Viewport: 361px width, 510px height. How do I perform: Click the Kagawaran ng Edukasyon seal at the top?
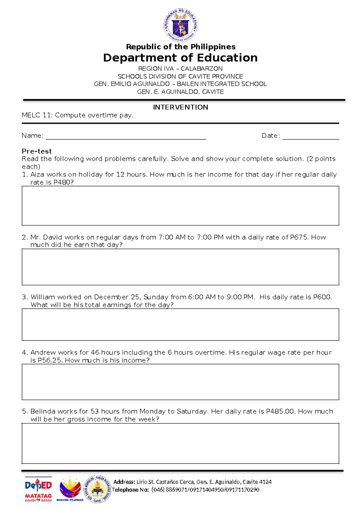(180, 25)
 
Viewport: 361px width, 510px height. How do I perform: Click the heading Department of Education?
(180, 58)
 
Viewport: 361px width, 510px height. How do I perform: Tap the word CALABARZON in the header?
(202, 69)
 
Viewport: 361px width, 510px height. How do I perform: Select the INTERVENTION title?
(180, 107)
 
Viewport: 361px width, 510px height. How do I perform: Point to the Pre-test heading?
(36, 151)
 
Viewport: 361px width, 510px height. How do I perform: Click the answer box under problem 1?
(180, 206)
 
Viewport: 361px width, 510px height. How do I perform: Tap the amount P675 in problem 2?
(299, 237)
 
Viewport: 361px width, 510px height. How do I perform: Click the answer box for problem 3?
(180, 324)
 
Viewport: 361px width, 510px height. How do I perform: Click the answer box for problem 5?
(180, 444)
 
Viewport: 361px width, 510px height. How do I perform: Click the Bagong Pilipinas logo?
(70, 489)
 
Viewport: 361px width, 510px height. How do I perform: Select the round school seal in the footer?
(97, 489)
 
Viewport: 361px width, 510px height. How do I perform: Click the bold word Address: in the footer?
(124, 482)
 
